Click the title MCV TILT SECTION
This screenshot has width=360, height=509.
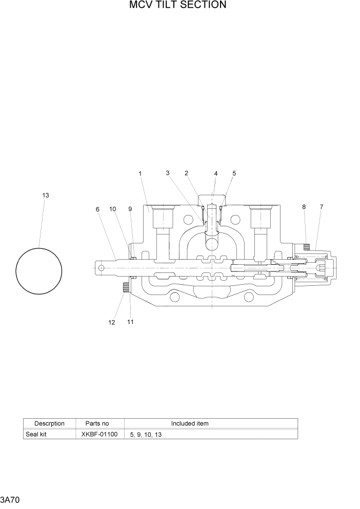(177, 5)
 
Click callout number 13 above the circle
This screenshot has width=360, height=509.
(46, 195)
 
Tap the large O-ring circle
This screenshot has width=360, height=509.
(39, 271)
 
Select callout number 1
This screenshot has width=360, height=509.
(140, 173)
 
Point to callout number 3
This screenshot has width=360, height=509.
(168, 173)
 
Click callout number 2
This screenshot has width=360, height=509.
(186, 173)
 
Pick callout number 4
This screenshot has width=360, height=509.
(216, 174)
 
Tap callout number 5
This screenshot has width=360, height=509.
(234, 173)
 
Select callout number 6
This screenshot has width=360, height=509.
(97, 209)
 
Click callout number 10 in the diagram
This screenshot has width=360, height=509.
(113, 209)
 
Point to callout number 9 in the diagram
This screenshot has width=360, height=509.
(130, 209)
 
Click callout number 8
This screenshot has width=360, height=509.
(304, 207)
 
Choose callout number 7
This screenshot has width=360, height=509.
(322, 207)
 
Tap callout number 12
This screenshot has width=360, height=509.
(112, 322)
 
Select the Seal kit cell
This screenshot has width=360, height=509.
(36, 434)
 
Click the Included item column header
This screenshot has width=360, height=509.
(190, 423)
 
